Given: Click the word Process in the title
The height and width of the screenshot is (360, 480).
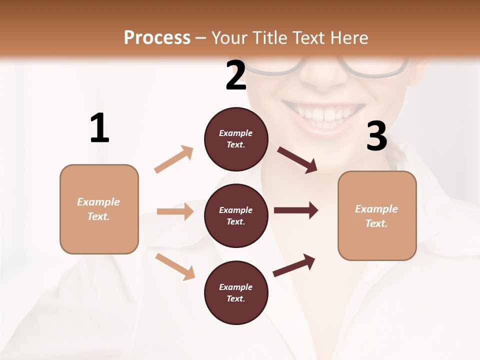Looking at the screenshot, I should [x=157, y=38].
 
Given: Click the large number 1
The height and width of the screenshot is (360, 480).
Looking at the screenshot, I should [x=99, y=128].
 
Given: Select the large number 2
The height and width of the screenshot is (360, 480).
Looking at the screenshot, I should [x=236, y=75].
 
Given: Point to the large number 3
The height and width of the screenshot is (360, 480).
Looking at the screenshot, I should [x=376, y=136].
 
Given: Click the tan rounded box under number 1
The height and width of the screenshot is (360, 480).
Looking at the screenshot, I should [x=99, y=209].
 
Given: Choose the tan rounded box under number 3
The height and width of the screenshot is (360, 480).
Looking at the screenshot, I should [x=377, y=215].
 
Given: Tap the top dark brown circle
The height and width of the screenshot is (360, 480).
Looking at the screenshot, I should [x=236, y=139].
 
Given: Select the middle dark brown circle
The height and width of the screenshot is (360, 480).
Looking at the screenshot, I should [x=236, y=215].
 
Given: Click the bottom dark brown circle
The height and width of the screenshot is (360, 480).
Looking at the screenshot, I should [x=236, y=292].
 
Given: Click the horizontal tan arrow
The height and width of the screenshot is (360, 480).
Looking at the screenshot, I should [x=175, y=211].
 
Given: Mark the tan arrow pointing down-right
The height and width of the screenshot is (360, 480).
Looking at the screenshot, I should [x=175, y=266].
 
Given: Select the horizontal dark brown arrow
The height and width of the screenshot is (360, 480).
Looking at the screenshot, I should [x=295, y=210].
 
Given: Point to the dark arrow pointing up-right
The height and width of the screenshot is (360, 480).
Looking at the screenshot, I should [x=294, y=265].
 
